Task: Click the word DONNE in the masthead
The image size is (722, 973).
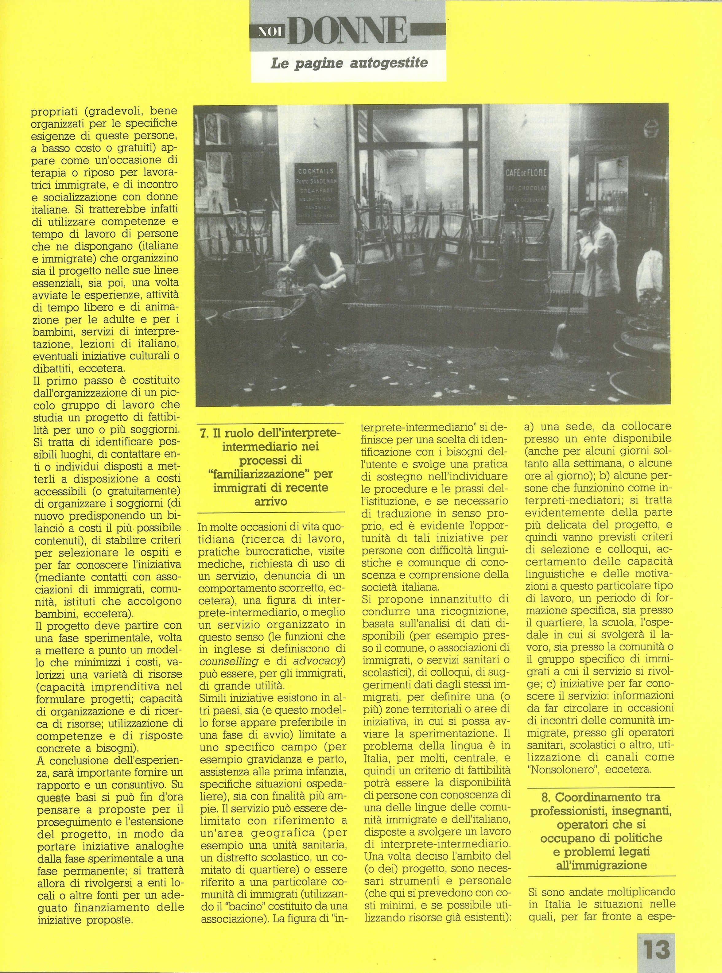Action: (347, 31)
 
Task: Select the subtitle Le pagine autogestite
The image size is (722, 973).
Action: (349, 63)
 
